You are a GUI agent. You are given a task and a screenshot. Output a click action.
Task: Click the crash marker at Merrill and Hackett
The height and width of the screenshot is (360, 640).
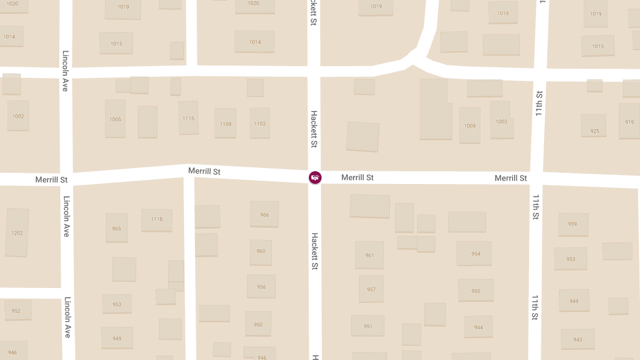click(315, 177)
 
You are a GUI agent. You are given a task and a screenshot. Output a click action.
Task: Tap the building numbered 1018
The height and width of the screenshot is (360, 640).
click(503, 13)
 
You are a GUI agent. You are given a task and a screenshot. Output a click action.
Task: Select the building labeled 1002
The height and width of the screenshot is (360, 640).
click(18, 116)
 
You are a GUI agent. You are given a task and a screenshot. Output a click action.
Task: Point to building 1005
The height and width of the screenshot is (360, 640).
click(115, 119)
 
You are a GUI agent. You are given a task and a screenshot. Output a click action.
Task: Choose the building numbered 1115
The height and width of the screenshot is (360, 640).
click(188, 118)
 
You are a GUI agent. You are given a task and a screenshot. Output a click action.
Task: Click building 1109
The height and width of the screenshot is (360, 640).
click(226, 124)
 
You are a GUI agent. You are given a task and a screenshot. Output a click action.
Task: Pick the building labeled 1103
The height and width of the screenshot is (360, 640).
click(260, 123)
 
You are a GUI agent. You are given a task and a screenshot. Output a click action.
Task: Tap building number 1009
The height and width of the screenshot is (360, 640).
click(470, 125)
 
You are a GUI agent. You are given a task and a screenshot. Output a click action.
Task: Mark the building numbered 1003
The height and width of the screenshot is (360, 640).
click(501, 121)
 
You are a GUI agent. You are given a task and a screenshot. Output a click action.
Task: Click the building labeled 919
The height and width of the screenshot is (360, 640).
click(629, 122)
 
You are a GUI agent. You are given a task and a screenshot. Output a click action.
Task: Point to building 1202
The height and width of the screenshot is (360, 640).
click(17, 233)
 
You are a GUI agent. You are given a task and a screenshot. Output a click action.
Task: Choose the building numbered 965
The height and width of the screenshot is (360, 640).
click(116, 228)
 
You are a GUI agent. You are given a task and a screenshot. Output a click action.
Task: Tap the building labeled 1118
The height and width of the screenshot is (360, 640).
click(157, 219)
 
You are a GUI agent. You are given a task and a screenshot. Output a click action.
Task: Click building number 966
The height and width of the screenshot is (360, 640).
click(265, 214)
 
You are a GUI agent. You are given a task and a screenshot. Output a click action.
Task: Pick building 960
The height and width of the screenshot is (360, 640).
click(261, 251)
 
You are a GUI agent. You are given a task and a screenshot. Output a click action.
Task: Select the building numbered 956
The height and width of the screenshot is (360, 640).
click(261, 286)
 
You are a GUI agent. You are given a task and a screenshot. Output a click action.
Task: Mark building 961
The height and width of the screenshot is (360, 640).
click(370, 255)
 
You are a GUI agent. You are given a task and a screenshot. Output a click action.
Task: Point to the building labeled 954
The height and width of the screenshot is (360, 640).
click(475, 253)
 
